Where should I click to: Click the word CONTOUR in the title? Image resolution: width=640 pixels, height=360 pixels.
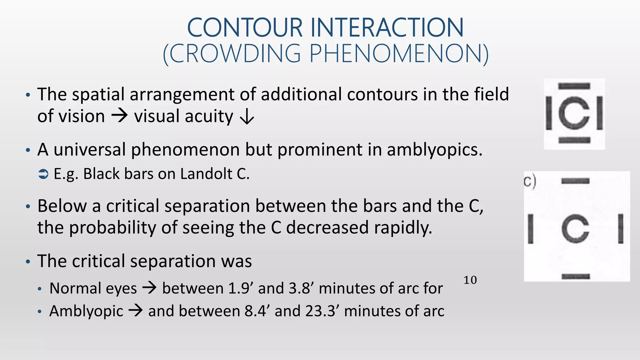point(245,28)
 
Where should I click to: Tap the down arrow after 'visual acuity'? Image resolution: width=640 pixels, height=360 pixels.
point(247,117)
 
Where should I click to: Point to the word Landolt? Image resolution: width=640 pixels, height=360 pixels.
point(206,174)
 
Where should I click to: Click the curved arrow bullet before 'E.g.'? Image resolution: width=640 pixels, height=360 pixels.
point(43,174)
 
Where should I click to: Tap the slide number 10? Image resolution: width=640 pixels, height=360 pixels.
point(470,280)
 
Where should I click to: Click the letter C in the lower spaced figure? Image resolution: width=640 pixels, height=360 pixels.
point(575,229)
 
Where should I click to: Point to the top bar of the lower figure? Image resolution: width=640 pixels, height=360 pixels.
point(575,181)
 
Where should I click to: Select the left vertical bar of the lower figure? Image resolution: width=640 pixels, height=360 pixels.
point(530,229)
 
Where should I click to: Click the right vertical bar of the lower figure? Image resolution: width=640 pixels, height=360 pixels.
point(621,229)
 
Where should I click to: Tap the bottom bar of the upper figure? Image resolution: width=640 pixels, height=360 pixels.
point(574,140)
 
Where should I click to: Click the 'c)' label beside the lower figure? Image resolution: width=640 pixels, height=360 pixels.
point(530,182)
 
